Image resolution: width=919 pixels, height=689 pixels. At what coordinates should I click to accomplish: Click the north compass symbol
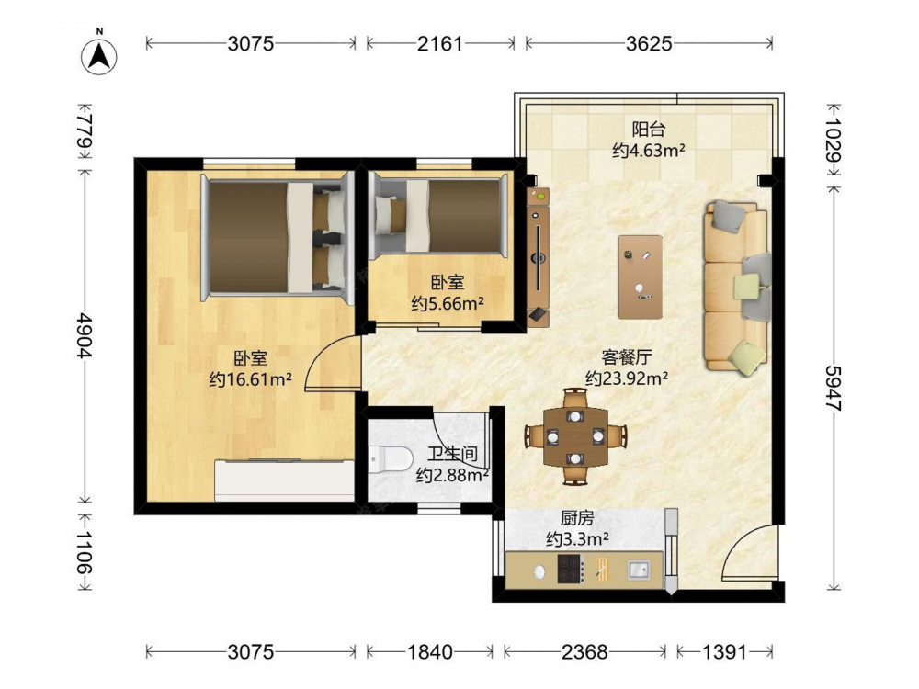(x=99, y=55)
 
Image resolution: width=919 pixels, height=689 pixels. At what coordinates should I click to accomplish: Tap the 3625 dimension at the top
(x=649, y=43)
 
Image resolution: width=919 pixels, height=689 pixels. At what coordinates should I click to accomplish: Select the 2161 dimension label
(x=439, y=43)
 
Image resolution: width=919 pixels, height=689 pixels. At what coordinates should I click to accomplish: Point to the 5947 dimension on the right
(x=834, y=389)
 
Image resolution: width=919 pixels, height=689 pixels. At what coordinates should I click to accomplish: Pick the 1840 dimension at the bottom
(x=429, y=651)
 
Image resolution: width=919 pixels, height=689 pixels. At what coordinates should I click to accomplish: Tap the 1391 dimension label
(x=724, y=651)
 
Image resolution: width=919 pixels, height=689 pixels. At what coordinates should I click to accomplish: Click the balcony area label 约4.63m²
(x=649, y=151)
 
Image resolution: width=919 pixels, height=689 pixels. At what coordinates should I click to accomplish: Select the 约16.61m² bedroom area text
(x=251, y=379)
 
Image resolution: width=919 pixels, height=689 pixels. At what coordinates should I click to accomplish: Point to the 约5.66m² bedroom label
(x=448, y=303)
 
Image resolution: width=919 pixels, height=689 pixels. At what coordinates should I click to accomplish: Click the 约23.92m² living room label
(x=627, y=378)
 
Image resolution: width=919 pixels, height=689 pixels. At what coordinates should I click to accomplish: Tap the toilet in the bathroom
(x=391, y=458)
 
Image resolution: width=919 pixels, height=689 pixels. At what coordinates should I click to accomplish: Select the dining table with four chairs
(x=575, y=436)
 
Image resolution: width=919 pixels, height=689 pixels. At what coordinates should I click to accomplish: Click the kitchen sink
(x=639, y=569)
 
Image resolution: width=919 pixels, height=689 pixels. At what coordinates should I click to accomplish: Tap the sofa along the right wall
(x=738, y=287)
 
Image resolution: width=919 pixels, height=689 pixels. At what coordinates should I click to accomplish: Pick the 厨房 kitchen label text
(x=577, y=518)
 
